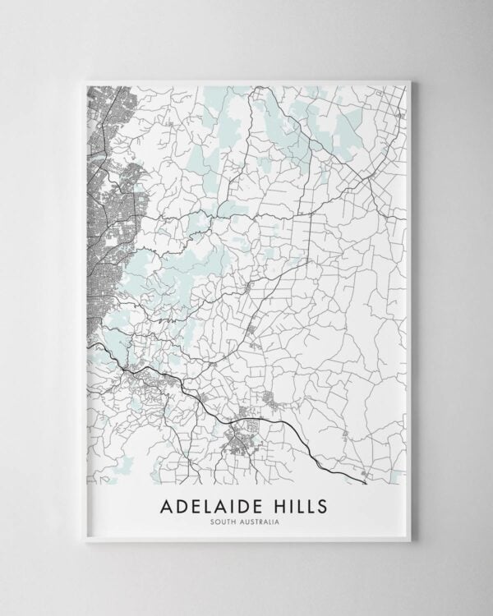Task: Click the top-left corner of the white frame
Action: (85, 80)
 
